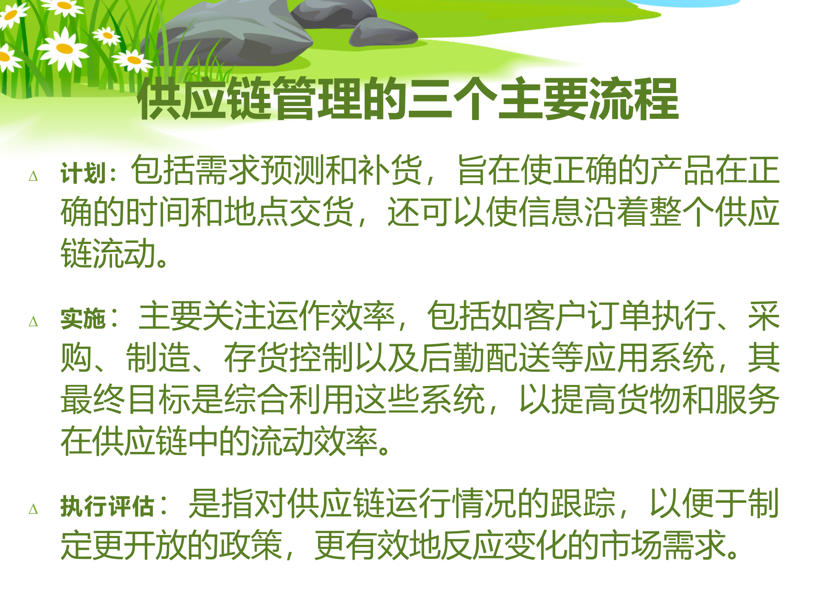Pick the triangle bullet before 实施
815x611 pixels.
point(33,322)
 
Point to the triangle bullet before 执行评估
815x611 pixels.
point(33,509)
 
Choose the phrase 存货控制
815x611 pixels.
point(289,358)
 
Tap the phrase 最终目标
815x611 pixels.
point(126,400)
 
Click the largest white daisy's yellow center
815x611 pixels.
point(65,49)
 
